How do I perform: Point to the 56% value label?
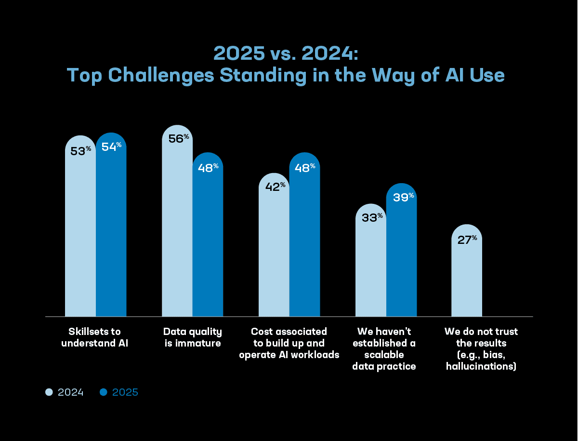click(x=179, y=138)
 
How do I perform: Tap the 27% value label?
click(x=467, y=240)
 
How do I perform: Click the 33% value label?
click(x=372, y=217)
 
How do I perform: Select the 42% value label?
click(x=275, y=187)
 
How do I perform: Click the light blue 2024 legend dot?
click(x=49, y=392)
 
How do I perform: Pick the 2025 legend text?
click(x=125, y=392)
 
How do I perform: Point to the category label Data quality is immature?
click(x=193, y=337)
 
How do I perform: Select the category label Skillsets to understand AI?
click(x=94, y=337)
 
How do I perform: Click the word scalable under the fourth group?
click(x=384, y=355)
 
